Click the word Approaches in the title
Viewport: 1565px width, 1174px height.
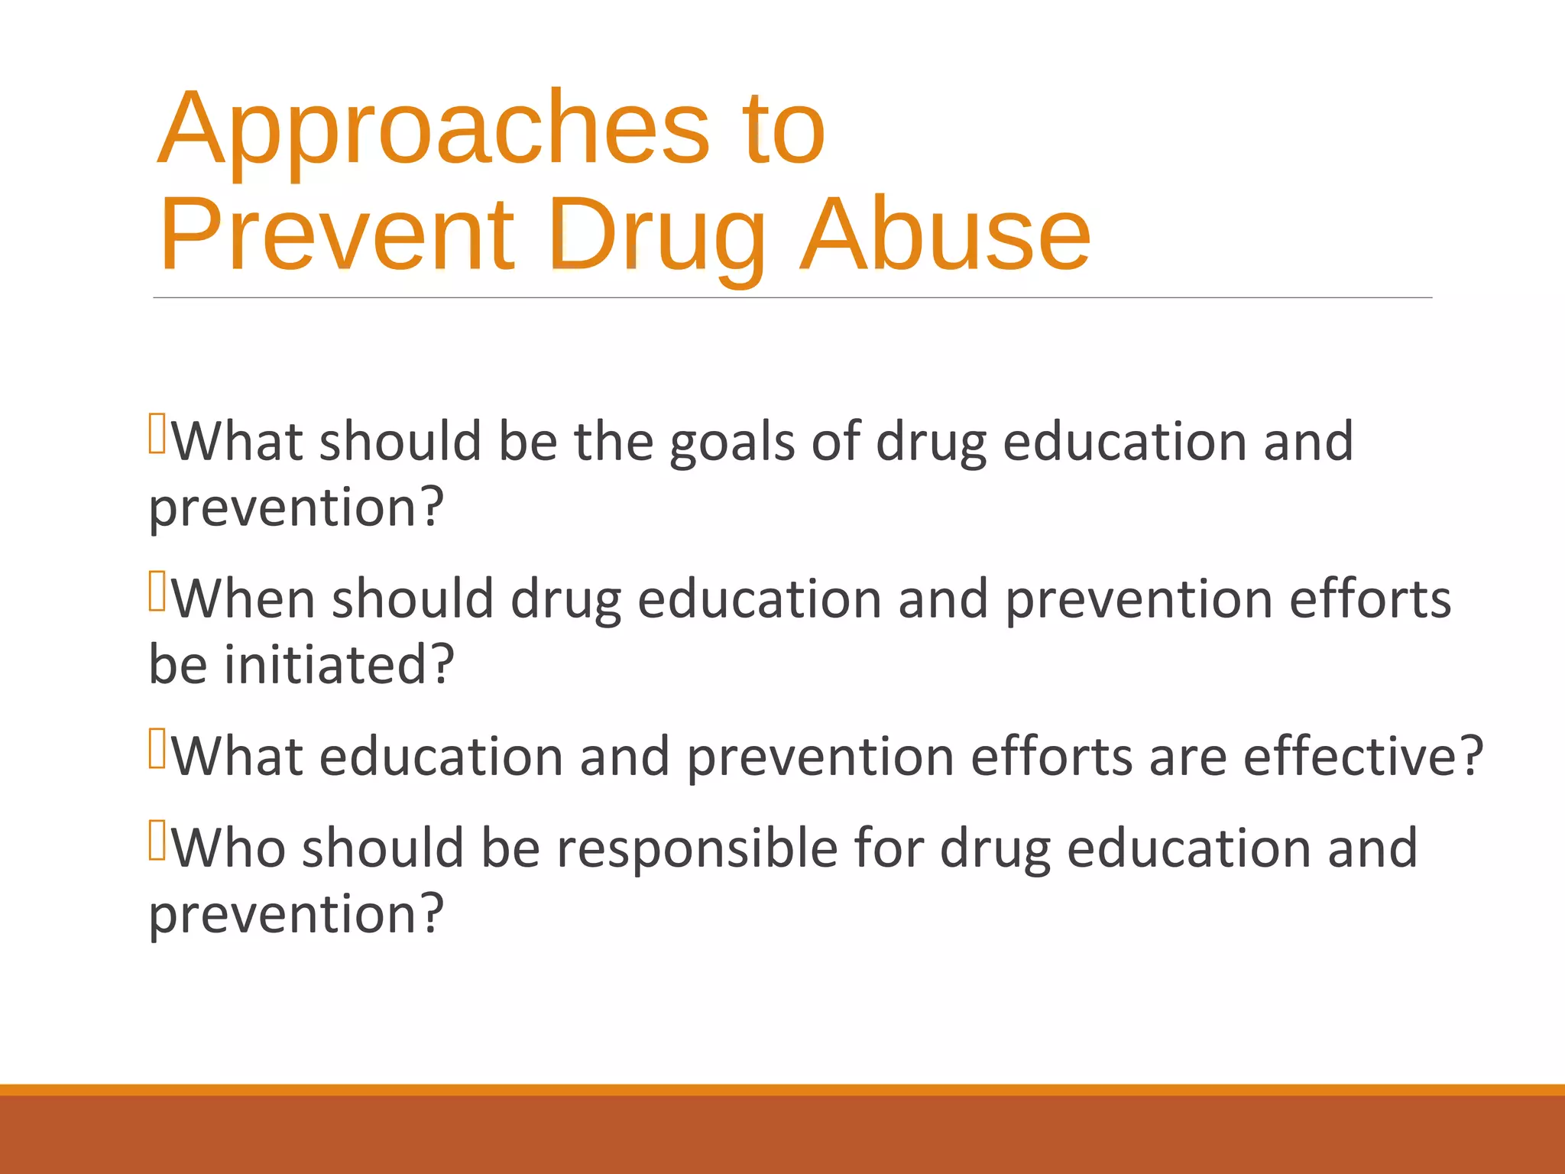coord(434,130)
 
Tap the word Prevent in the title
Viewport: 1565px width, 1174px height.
coord(337,235)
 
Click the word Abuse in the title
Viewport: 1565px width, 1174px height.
coord(945,235)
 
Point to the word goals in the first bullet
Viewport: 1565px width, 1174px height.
coord(732,444)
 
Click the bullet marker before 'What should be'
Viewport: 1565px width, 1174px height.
coord(157,433)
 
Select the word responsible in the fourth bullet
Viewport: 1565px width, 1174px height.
coord(697,848)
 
